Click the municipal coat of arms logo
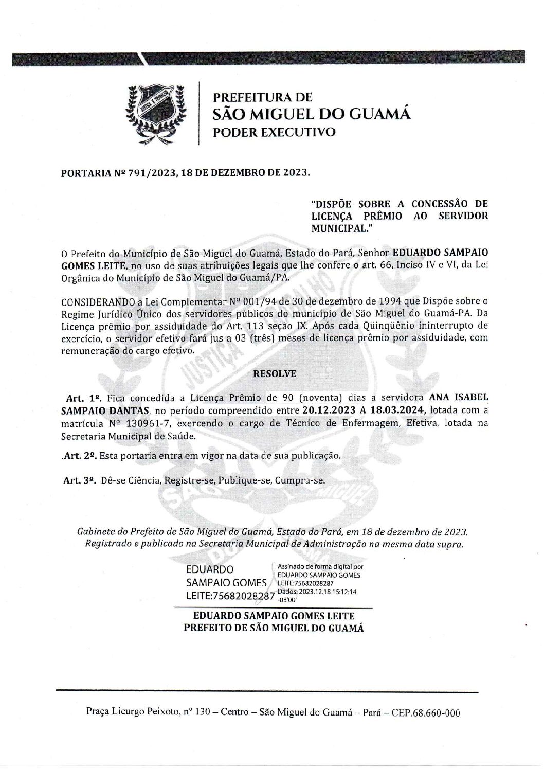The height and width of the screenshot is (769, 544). tap(156, 112)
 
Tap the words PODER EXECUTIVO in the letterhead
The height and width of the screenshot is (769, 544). tap(274, 132)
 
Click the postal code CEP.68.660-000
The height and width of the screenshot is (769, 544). tap(425, 713)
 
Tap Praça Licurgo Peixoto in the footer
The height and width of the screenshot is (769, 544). tap(124, 713)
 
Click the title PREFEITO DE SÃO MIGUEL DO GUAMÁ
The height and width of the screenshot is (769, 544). tap(274, 628)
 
